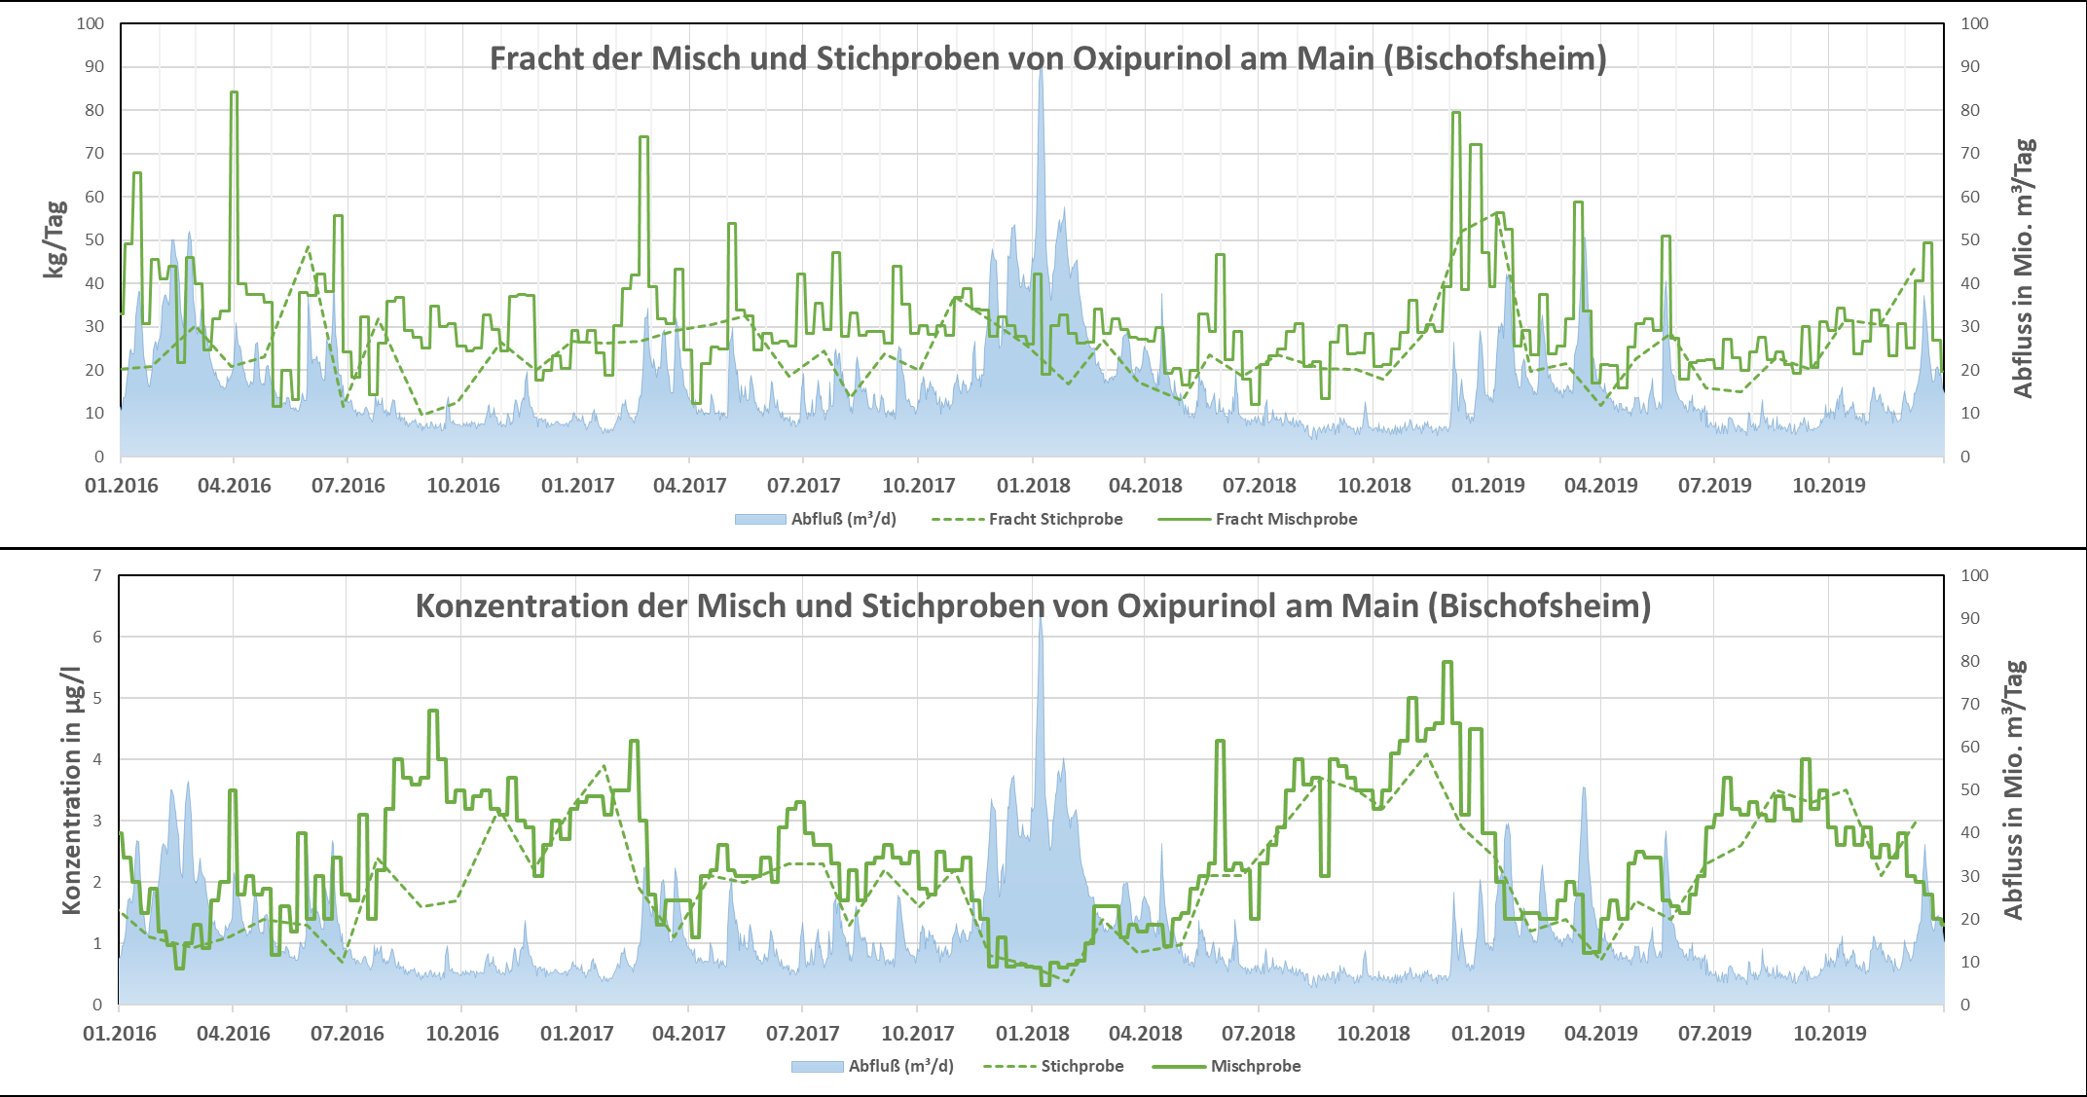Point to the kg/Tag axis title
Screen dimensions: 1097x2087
(55, 239)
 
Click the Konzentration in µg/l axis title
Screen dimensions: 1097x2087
(72, 790)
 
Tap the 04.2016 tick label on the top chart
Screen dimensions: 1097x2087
(235, 486)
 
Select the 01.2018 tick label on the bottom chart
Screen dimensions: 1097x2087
(1033, 1034)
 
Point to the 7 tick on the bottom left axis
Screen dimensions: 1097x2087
(97, 575)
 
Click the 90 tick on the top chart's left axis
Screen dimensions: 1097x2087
(94, 66)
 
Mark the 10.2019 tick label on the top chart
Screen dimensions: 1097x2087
(1829, 486)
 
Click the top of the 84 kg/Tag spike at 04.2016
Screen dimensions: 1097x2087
(234, 92)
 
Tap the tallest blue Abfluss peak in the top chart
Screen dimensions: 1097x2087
(1041, 70)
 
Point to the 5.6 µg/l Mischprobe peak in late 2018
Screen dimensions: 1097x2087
(1447, 662)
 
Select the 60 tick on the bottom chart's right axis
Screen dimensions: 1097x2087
(1970, 747)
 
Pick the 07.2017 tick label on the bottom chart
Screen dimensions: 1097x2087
(803, 1034)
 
